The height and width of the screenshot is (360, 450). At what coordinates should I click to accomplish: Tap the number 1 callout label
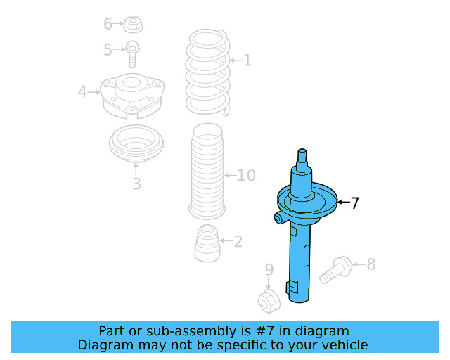click(x=247, y=60)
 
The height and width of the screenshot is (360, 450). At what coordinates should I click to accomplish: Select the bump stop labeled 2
click(x=207, y=243)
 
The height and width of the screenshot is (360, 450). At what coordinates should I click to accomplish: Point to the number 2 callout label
click(x=238, y=241)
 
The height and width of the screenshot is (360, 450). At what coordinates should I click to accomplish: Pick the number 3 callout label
click(x=136, y=184)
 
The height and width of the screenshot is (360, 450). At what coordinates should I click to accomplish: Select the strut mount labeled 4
click(x=132, y=96)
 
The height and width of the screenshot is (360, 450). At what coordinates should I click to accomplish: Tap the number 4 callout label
click(x=82, y=91)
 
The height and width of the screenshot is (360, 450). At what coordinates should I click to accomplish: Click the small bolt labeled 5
click(x=132, y=53)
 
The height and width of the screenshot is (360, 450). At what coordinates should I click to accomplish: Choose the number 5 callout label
click(x=108, y=49)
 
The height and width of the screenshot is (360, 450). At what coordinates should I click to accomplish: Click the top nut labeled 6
click(x=133, y=25)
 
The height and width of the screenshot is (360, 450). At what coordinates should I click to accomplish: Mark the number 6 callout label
click(x=108, y=23)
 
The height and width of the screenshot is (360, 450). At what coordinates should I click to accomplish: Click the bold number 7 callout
click(x=354, y=203)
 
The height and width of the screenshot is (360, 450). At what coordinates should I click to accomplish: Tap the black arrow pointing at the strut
click(x=343, y=202)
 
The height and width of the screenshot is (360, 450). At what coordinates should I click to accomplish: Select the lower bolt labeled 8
click(x=336, y=269)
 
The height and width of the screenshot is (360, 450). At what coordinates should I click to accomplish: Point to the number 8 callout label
click(x=371, y=264)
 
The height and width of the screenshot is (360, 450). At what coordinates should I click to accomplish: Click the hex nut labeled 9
click(x=269, y=302)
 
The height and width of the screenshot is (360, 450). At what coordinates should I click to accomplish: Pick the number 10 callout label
click(x=246, y=175)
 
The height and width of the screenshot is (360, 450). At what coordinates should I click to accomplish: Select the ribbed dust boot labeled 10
click(x=207, y=171)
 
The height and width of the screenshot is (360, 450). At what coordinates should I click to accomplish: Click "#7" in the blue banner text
click(x=264, y=331)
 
